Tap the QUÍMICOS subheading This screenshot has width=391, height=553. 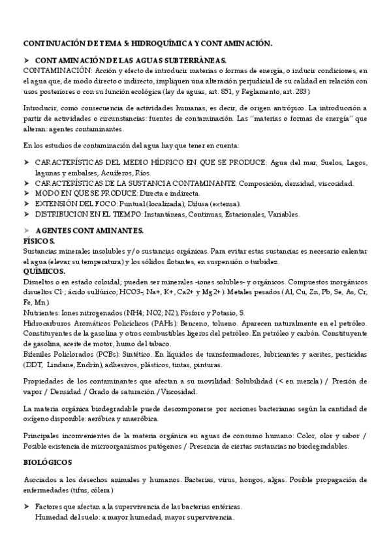(x=44, y=271)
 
